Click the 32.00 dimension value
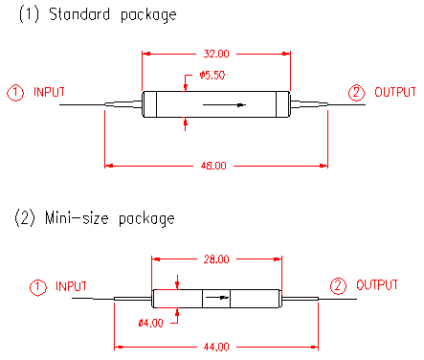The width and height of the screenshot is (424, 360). tap(216, 54)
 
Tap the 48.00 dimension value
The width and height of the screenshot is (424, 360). tap(213, 166)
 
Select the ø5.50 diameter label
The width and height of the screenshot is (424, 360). tap(212, 76)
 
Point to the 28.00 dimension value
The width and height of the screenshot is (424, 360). tap(216, 259)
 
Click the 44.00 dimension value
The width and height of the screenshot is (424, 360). tap(216, 347)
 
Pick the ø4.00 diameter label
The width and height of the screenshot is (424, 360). tap(150, 323)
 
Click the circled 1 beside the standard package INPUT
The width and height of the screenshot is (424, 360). tap(15, 93)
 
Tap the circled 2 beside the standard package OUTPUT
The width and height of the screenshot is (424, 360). tap(356, 93)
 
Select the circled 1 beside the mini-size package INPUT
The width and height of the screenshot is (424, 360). tap(38, 287)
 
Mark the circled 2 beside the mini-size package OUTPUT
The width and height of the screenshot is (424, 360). tap(338, 285)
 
